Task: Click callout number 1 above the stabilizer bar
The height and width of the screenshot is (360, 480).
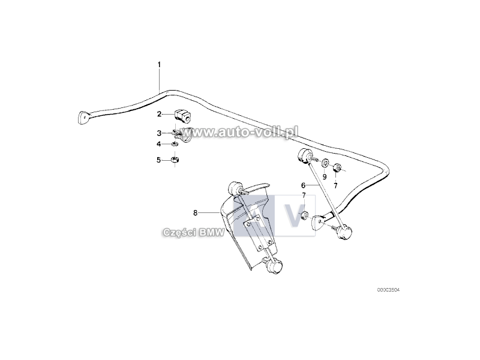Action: tap(159, 65)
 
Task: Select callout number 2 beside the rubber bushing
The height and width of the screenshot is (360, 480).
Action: tap(159, 114)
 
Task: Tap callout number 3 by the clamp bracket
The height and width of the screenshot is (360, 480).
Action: tap(159, 133)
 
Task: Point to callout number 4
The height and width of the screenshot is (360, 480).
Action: tap(158, 144)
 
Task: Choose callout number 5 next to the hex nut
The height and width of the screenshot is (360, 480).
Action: tap(158, 160)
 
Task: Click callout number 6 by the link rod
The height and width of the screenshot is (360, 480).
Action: tap(303, 185)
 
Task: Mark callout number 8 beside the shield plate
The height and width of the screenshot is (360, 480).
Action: tap(196, 213)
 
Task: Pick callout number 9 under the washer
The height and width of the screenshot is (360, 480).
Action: tap(325, 176)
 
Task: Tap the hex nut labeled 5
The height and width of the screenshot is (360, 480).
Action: tap(175, 160)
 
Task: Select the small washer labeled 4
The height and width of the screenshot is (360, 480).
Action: tap(174, 144)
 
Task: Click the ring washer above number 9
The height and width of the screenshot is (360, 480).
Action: tap(325, 163)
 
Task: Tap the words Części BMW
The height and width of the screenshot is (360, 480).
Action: tap(193, 233)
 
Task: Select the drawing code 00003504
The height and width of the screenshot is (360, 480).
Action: tap(388, 290)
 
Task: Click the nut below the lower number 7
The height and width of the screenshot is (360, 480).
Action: tap(304, 215)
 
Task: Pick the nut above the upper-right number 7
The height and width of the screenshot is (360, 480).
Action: tap(337, 167)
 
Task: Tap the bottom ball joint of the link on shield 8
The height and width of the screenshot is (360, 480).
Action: tap(275, 265)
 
